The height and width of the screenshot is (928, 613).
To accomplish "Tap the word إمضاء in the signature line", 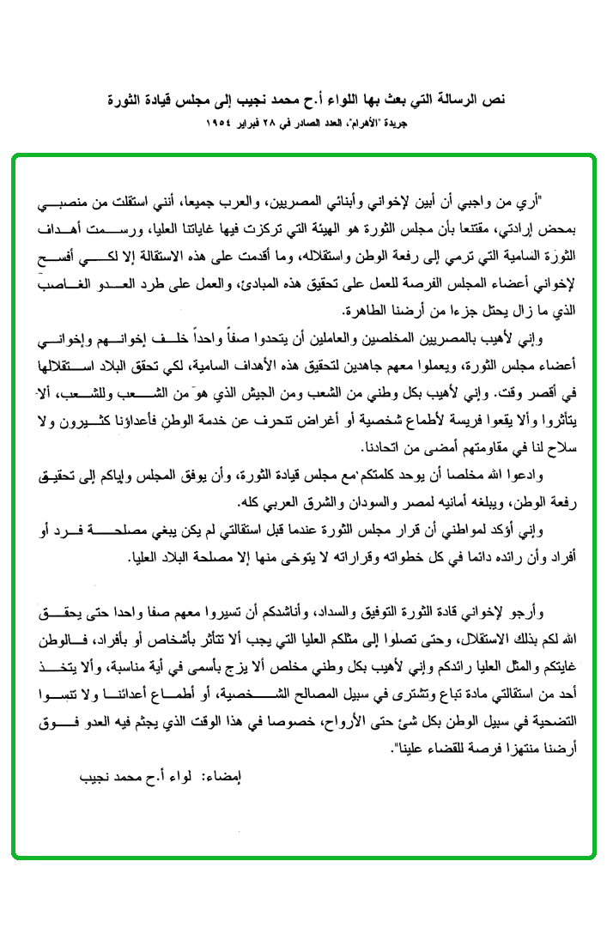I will pos(223,779).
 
